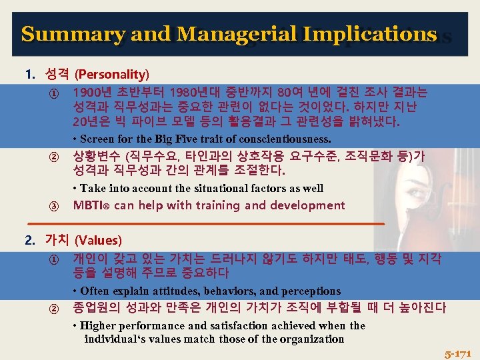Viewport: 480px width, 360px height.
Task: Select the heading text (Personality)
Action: (x=112, y=73)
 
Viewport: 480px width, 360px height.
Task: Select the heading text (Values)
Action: (x=98, y=240)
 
